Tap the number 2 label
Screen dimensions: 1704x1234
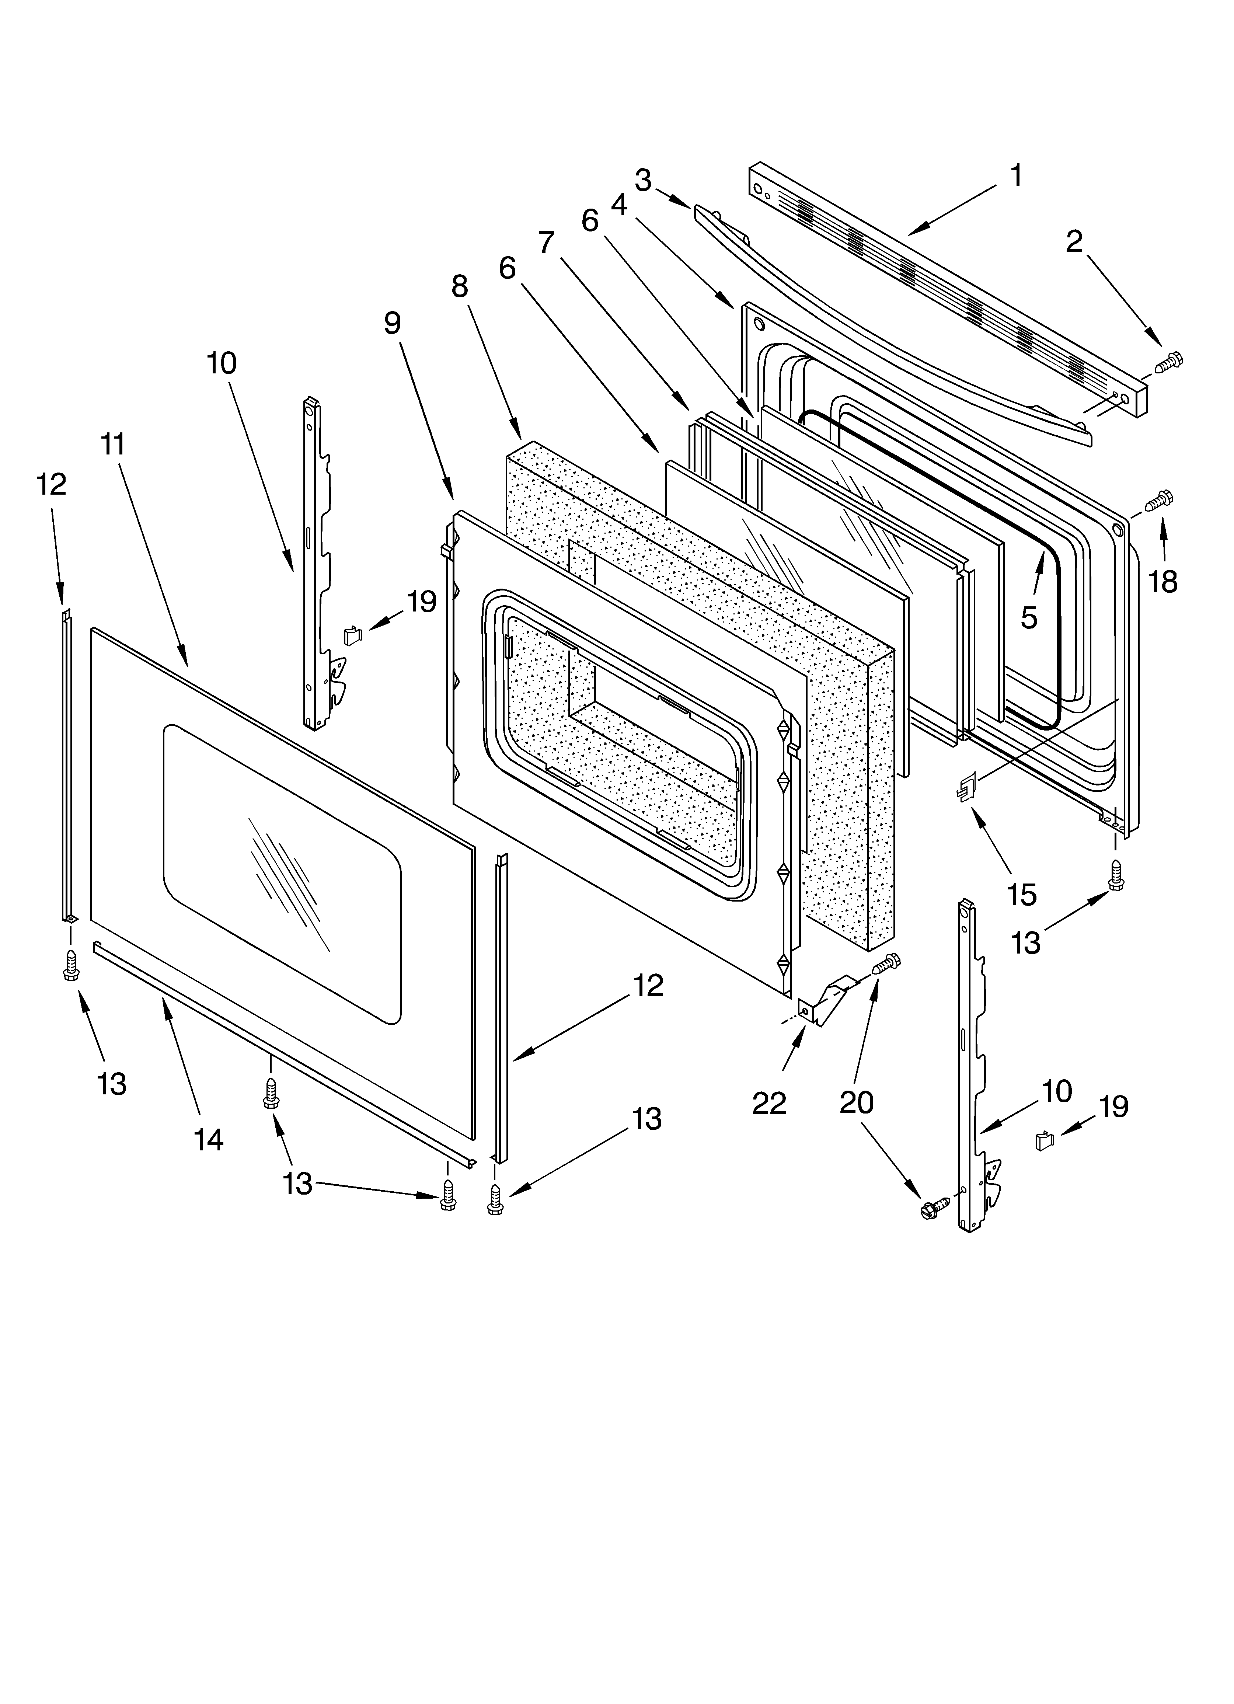[1075, 242]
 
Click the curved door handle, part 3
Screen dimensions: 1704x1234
[887, 323]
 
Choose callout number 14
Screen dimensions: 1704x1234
[208, 1140]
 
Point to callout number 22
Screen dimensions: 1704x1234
[769, 1103]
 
